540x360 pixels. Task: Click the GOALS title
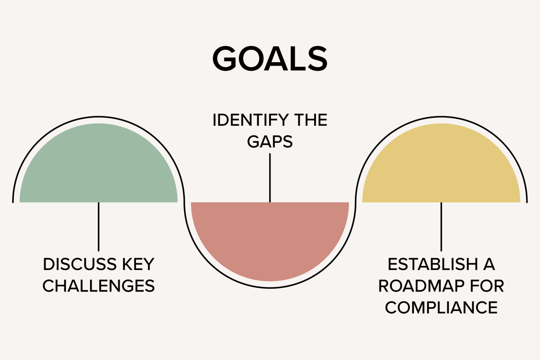[x=270, y=59]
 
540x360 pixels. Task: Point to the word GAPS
[x=270, y=142]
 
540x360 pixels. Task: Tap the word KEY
[x=138, y=265]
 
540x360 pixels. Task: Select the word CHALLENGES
[x=99, y=286]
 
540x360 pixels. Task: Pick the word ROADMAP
[x=421, y=286]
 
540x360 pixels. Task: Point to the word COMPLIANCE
[x=441, y=308]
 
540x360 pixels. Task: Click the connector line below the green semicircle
[x=99, y=227]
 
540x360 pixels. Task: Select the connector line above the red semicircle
[x=270, y=178]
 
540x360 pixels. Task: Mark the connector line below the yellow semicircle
[x=441, y=227]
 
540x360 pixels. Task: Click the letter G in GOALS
[x=224, y=59]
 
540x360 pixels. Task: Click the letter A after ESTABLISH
[x=489, y=265]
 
